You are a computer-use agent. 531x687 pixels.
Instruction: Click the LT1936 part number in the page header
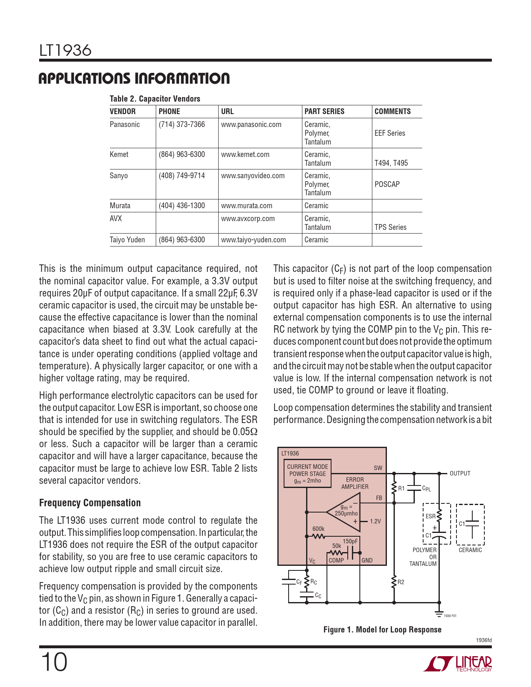point(65,50)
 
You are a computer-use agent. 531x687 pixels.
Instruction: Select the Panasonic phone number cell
point(182,124)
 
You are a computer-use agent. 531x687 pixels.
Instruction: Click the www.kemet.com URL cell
point(245,154)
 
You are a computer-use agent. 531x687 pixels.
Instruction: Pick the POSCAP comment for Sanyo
point(387,184)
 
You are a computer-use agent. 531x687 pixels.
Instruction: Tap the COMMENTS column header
point(392,112)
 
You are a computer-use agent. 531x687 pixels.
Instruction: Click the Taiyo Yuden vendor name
point(127,240)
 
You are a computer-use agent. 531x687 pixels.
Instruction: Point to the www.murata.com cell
point(247,206)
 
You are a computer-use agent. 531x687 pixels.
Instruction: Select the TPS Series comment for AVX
point(390,227)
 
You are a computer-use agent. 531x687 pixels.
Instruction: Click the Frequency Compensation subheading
point(90,503)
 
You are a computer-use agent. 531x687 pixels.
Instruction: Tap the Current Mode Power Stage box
point(307,473)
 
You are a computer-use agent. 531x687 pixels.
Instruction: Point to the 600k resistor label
point(318,529)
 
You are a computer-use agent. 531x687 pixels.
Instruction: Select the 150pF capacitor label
point(350,541)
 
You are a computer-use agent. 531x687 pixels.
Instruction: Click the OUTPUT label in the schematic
point(460,473)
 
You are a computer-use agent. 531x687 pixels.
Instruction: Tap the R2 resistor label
point(401,582)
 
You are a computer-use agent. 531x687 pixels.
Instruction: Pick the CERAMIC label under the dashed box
point(470,550)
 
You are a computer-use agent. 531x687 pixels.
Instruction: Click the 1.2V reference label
point(375,521)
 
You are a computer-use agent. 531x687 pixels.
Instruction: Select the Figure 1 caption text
point(382,630)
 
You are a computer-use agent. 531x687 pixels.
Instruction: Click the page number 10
point(54,662)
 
